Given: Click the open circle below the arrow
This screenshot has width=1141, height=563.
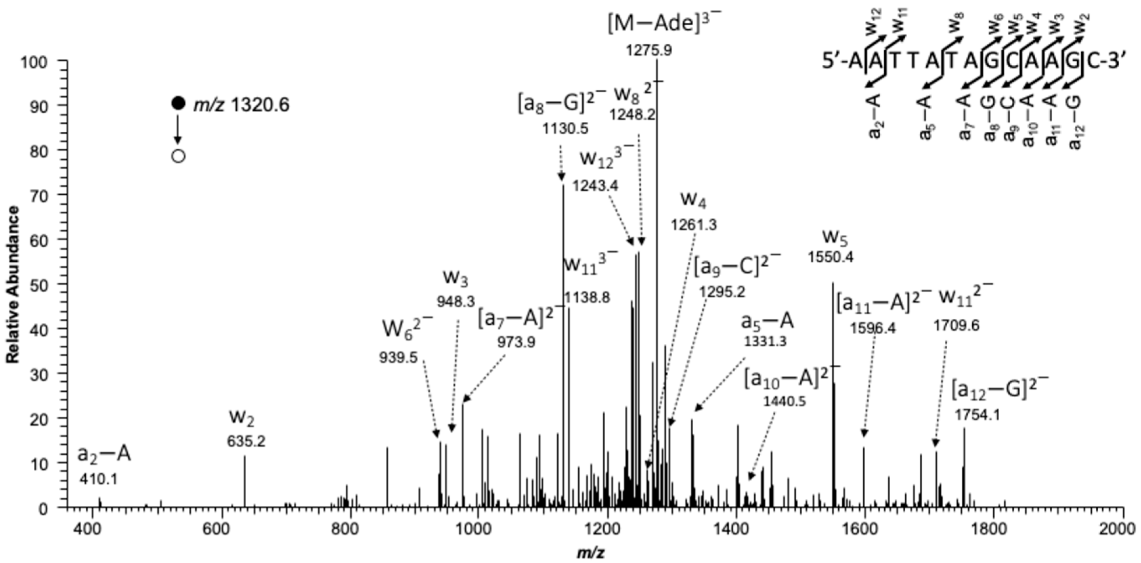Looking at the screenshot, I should click(x=178, y=156).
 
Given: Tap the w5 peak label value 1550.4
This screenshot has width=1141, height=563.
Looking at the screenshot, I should click(x=830, y=257).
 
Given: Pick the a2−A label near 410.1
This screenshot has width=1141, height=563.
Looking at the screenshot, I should click(x=104, y=454).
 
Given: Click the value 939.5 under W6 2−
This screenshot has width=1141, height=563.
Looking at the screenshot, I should click(x=398, y=357).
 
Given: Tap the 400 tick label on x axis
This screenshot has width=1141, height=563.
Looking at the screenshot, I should click(x=92, y=529).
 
